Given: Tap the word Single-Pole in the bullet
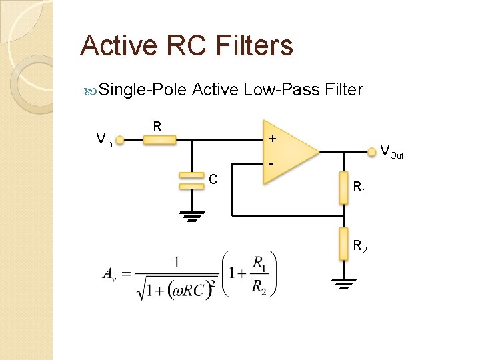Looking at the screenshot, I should coord(142,89).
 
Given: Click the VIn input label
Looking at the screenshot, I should coord(103,140).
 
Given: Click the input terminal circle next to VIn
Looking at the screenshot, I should coord(120,140).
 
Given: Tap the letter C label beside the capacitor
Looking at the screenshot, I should coord(213,179).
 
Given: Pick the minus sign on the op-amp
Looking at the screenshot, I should coord(271,164).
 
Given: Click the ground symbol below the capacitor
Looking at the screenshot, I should coord(191,216).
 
